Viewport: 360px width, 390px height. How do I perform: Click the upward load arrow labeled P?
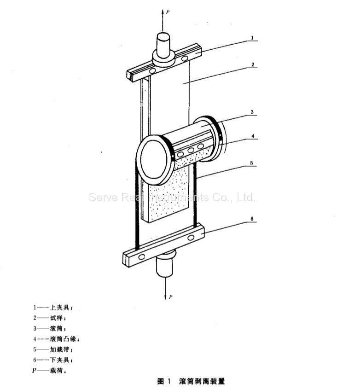click(x=163, y=21)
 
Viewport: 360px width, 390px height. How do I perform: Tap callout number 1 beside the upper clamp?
click(x=252, y=38)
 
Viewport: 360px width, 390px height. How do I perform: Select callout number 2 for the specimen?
click(x=253, y=64)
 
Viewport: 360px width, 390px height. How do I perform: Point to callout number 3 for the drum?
click(x=252, y=112)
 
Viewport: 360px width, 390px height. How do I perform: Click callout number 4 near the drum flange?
click(x=253, y=136)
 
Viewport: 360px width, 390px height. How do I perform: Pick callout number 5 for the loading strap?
click(x=251, y=163)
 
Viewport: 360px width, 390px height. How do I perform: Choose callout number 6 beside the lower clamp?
click(x=252, y=219)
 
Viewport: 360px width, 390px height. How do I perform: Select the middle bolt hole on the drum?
click(x=191, y=151)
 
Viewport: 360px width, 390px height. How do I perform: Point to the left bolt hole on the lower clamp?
click(x=142, y=257)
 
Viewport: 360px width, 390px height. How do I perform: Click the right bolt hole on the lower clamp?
click(x=191, y=238)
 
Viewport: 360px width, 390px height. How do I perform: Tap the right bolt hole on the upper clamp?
click(x=185, y=58)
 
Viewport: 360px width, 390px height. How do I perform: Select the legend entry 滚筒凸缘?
click(x=57, y=339)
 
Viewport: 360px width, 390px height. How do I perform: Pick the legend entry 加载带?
click(x=53, y=349)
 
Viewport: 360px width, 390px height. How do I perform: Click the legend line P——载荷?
click(x=49, y=371)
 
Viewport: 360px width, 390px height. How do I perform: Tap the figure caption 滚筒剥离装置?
click(x=202, y=382)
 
